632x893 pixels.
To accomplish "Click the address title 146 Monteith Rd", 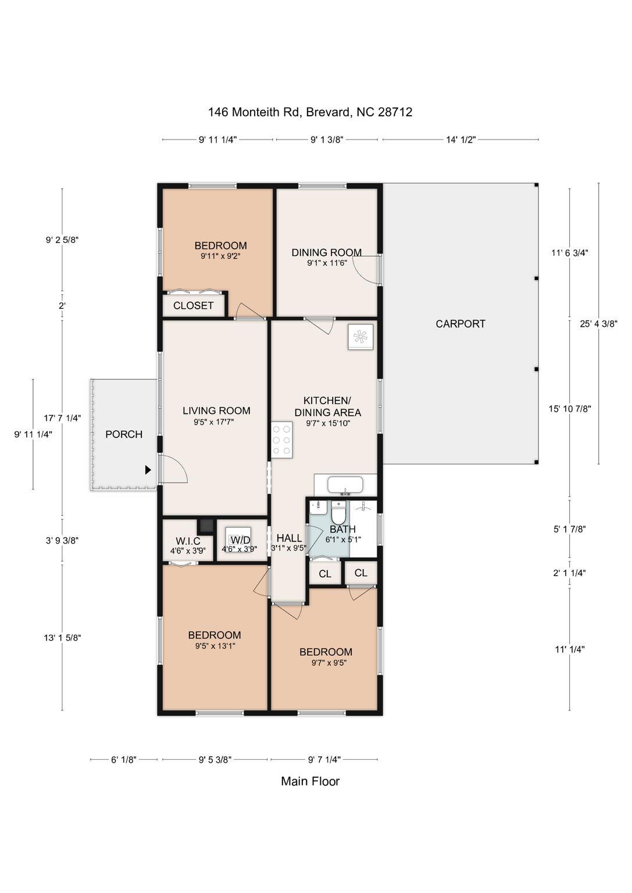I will point(310,112).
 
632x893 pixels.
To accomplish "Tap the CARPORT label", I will point(460,324).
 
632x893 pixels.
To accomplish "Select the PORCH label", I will point(124,434).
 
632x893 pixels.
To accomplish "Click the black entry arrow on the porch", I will point(148,470).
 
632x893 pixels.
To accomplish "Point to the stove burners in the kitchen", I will point(281,440).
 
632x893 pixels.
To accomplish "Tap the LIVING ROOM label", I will point(216,410).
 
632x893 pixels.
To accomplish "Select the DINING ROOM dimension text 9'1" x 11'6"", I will point(327,263).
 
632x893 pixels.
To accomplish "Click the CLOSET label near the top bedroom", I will point(193,306).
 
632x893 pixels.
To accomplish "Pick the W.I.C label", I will point(188,541).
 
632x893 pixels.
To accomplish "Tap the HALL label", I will point(289,538).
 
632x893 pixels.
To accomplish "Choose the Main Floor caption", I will point(310,781).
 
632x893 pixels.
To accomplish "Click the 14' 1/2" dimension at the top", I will point(460,140).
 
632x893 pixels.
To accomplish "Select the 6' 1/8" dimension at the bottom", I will point(123,759).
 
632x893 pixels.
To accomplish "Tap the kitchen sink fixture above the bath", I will point(345,485).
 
